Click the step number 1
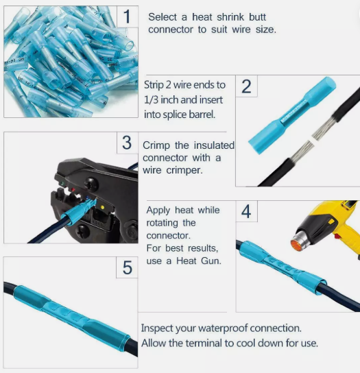127,16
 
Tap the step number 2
246,86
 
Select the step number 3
127,143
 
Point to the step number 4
246,211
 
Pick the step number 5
128,267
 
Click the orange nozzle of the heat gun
297,243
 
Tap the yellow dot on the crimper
103,208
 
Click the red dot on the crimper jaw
73,190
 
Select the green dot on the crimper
62,184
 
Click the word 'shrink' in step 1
230,17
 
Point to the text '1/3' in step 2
151,100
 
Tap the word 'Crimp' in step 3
156,145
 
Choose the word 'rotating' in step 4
162,223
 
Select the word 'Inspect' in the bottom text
157,328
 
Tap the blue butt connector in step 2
292,115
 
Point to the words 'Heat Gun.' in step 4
199,261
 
